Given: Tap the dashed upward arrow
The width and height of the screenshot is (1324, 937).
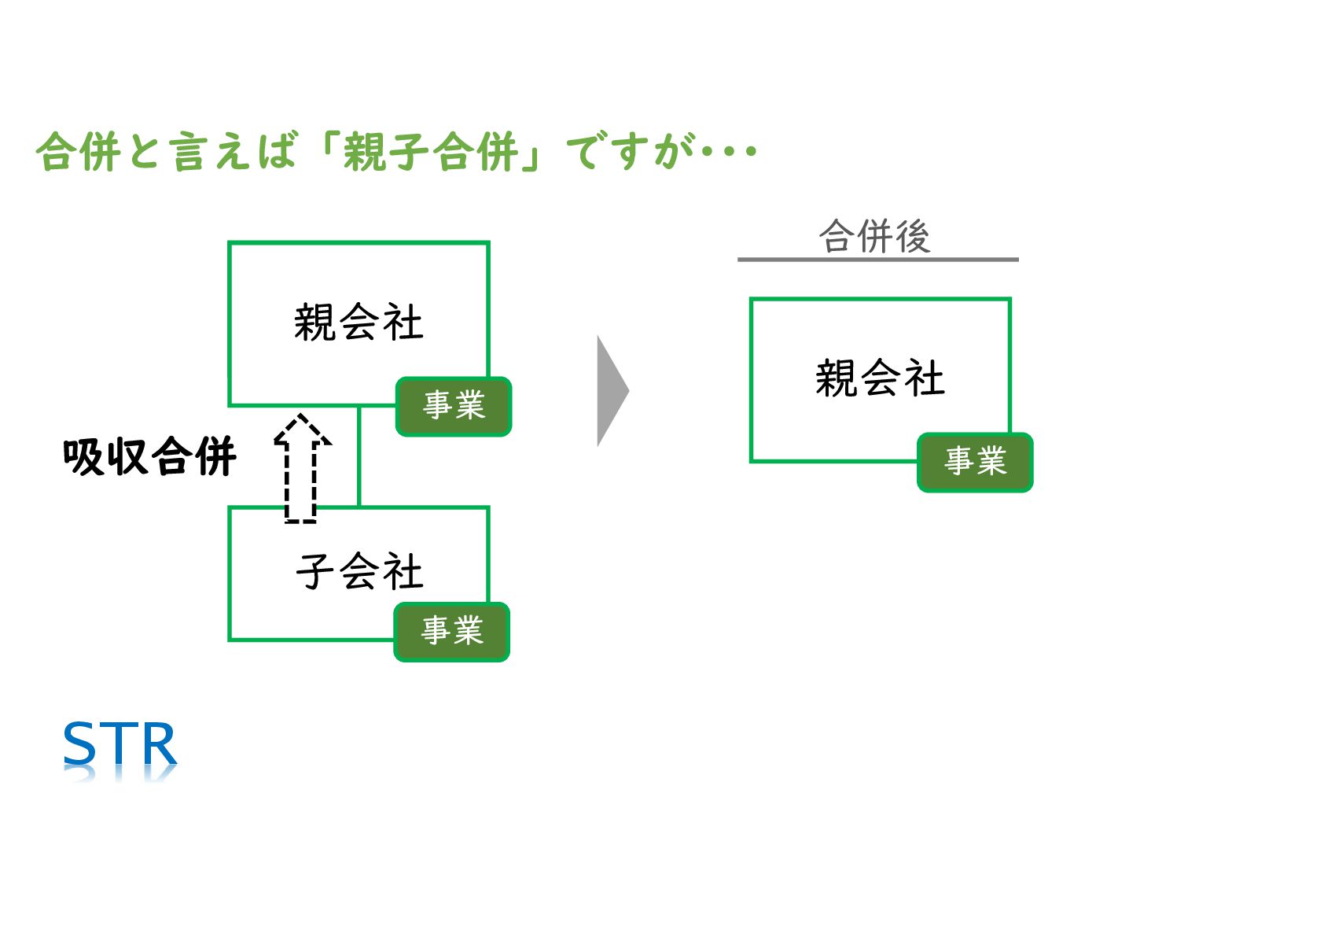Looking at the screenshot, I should click(301, 468).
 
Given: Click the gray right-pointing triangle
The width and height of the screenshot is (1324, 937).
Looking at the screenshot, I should click(611, 390).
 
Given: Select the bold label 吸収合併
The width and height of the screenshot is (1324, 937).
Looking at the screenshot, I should click(149, 456).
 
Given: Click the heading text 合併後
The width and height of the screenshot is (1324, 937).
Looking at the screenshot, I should click(874, 236).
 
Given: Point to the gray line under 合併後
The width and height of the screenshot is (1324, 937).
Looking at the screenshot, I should click(877, 259).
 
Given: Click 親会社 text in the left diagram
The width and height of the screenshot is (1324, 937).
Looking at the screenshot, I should click(359, 323).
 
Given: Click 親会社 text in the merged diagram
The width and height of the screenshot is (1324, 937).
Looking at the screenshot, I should click(880, 378).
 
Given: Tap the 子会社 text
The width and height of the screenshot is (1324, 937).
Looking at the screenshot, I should click(359, 571).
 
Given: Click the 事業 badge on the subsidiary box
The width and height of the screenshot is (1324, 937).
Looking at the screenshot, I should click(452, 632).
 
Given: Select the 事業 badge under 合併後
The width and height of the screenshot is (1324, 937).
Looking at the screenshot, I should click(975, 462).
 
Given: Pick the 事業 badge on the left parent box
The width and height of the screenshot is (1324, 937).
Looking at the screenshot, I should click(454, 406).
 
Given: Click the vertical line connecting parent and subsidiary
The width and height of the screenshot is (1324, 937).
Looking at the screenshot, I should click(359, 456).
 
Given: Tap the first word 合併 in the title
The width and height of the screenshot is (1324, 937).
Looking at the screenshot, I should click(79, 151).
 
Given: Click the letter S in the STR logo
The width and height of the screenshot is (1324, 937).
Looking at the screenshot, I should click(79, 743).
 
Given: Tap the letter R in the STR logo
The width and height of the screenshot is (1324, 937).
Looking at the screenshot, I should click(156, 743).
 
